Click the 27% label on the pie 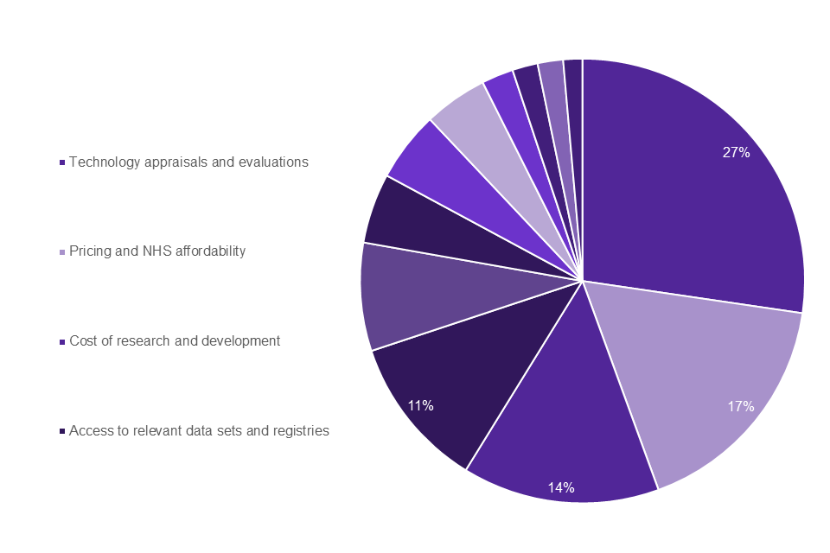point(736,152)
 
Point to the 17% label point(741,406)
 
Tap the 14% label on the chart point(561,487)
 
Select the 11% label point(421,404)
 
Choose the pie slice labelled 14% point(562,432)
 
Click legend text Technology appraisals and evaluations point(188,162)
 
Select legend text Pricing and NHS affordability point(157,251)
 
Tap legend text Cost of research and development point(175,341)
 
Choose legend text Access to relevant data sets point(199,430)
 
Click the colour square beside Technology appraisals point(62,162)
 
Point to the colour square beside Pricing point(62,252)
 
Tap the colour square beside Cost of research point(62,342)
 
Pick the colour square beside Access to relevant point(62,431)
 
